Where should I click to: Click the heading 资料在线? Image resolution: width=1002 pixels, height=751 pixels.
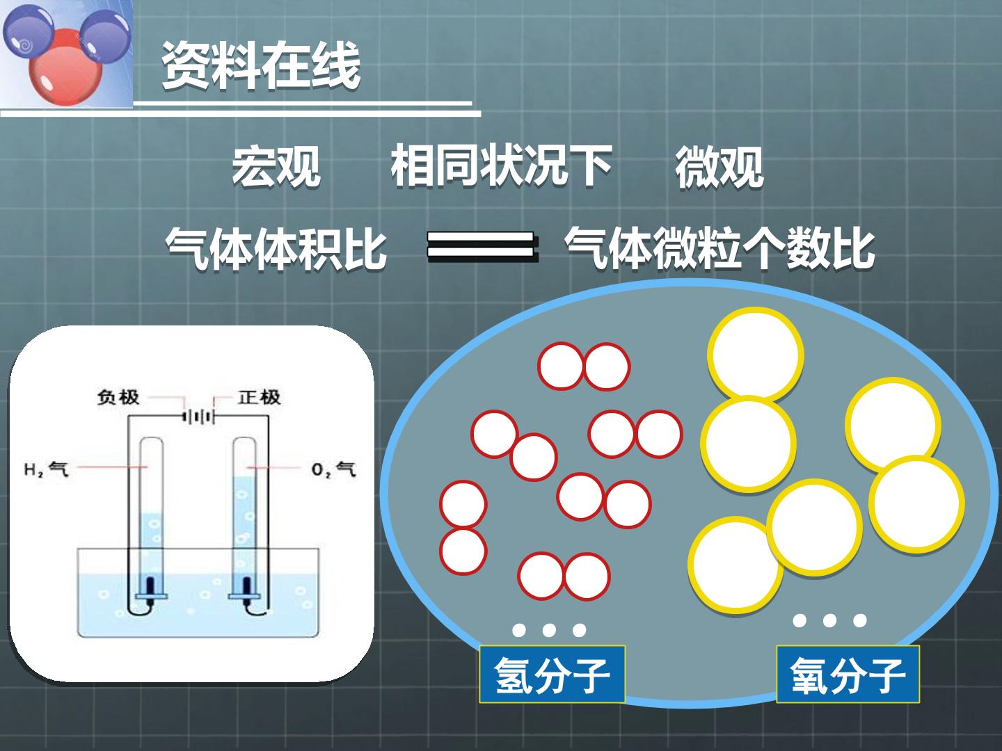coord(261,65)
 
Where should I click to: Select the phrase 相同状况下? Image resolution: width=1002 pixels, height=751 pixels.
coord(501,165)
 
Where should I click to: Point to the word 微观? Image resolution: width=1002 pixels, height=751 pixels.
coord(719,166)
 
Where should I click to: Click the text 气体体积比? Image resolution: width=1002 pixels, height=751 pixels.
coord(276,248)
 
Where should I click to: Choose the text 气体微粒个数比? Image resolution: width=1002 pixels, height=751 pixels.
coord(720,248)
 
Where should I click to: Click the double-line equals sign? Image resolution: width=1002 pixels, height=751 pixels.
coord(482,246)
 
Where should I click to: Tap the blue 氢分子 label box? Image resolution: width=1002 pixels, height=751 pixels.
coord(552,674)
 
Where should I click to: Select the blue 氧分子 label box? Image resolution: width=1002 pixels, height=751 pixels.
coord(848,674)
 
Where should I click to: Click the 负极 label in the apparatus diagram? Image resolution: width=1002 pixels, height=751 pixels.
coord(118,397)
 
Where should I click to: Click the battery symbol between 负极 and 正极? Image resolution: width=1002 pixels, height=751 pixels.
coord(198,417)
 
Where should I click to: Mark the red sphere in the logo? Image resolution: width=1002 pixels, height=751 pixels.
coord(65,67)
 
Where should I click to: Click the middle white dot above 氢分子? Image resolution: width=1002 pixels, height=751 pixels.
coord(549,630)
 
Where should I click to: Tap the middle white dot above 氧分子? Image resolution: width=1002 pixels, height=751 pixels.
coord(829,620)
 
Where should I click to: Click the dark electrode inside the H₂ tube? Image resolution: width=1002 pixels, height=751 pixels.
coord(150,586)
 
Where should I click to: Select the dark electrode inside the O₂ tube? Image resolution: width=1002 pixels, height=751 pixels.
coord(246,586)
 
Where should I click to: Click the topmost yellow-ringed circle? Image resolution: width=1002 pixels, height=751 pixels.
coord(755,355)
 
